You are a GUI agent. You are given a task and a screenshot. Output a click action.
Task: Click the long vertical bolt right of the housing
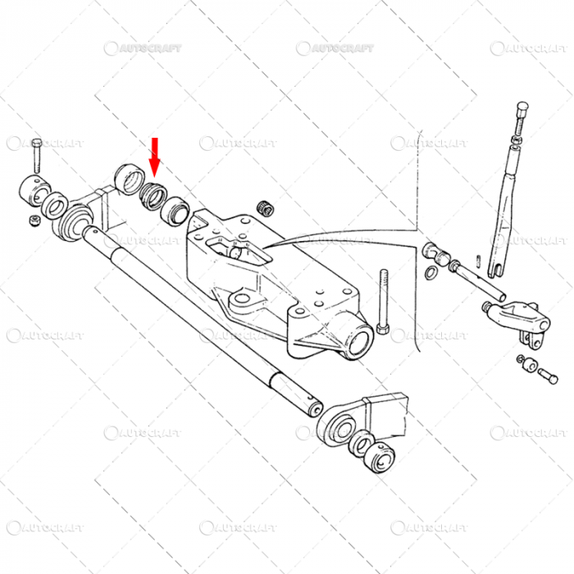pos(383,302)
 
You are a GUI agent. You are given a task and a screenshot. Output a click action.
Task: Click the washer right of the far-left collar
pos(57,207)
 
